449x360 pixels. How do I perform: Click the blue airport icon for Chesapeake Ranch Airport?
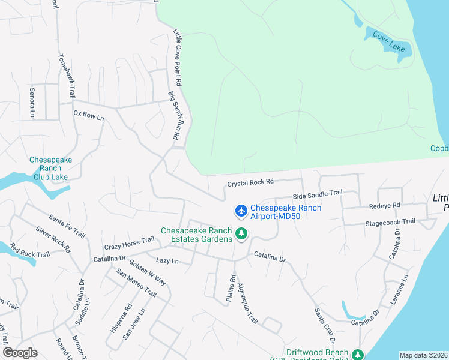241,211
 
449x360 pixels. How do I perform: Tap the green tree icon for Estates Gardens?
241,233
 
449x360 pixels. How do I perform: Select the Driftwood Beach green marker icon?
358,355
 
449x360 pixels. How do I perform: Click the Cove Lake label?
389,41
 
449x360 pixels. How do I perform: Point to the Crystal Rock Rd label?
250,182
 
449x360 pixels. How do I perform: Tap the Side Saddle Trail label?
317,194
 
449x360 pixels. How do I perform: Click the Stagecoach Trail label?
390,222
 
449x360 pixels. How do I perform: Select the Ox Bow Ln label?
89,114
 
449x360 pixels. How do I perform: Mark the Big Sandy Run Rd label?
175,116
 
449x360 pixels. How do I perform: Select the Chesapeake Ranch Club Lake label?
51,169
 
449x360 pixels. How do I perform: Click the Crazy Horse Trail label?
129,243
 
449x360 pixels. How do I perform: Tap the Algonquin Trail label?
247,304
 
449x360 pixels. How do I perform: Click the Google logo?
20,353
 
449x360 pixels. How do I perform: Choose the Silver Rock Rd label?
53,239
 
